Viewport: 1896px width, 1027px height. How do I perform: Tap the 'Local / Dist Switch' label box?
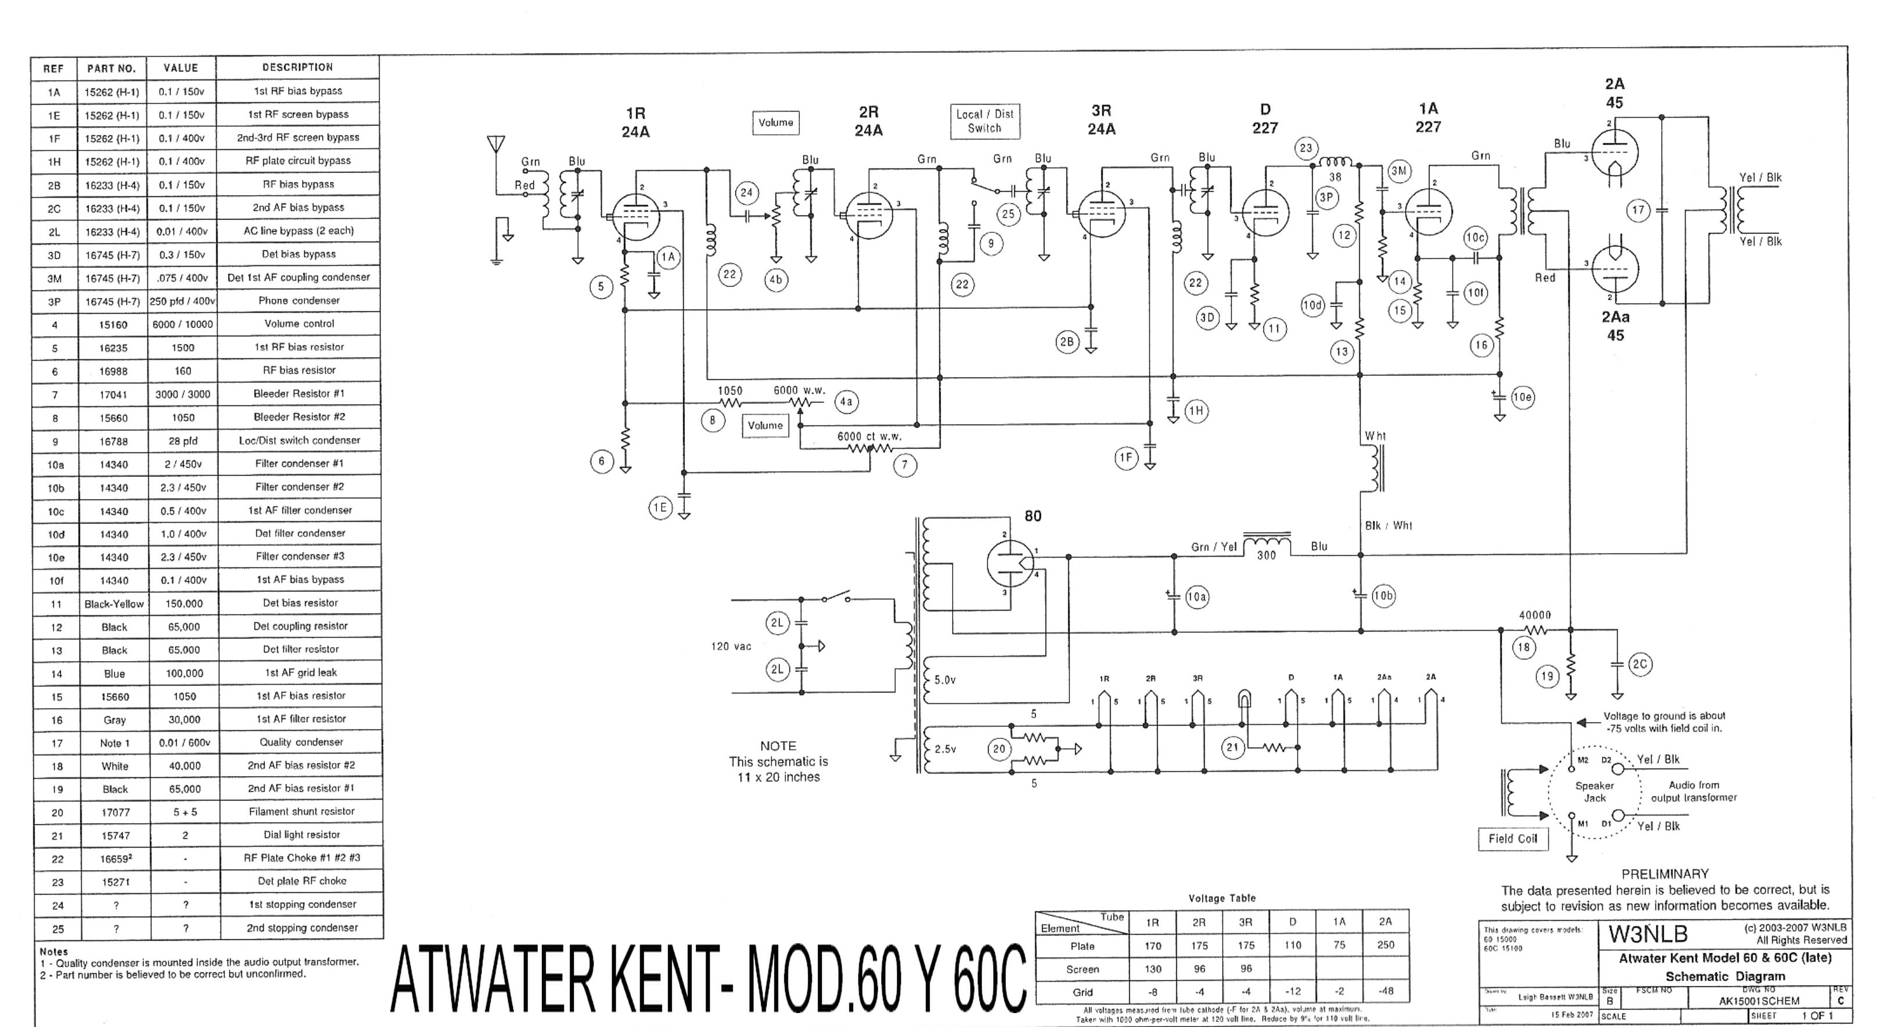985,121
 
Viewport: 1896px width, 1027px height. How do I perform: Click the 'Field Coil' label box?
1513,839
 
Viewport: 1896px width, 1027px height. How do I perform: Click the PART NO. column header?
111,69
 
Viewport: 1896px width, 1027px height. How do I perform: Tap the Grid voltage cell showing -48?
1385,991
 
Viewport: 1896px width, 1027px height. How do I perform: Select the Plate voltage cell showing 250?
1385,945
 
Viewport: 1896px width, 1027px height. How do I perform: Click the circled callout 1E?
660,507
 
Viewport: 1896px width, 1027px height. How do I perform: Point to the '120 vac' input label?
731,647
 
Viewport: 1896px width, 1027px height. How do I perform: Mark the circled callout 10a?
1197,597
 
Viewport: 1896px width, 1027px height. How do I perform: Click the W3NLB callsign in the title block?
1647,934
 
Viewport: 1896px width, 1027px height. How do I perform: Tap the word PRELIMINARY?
1665,874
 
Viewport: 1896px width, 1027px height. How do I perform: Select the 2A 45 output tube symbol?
1614,152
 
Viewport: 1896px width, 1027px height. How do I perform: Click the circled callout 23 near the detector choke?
1306,148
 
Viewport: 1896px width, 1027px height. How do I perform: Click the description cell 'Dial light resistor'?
302,835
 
